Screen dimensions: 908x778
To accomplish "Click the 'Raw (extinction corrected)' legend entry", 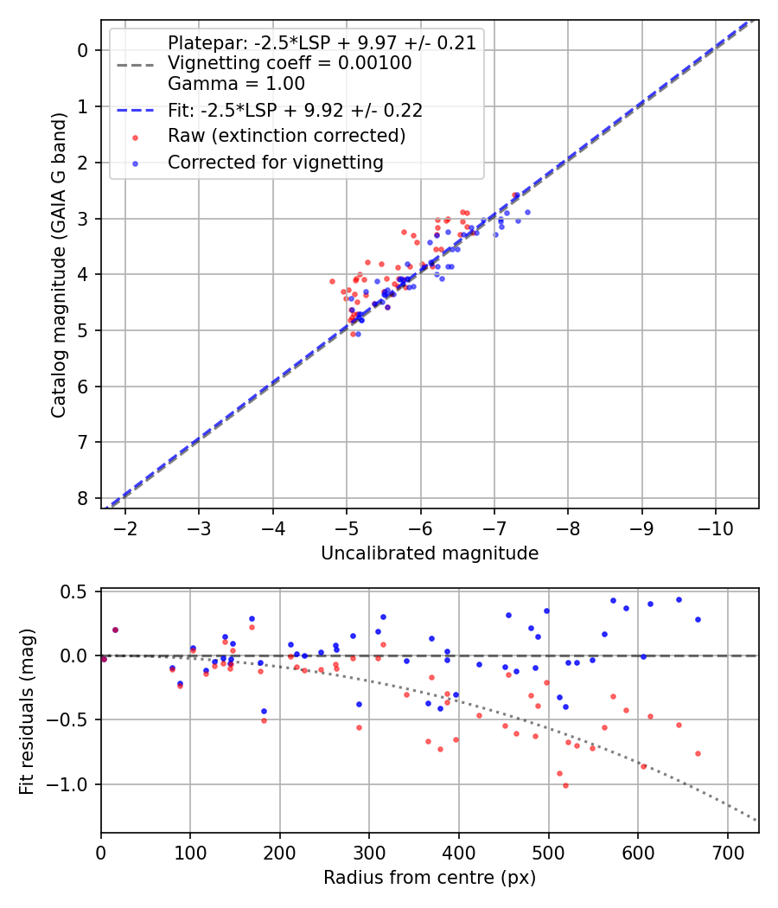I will pos(286,136).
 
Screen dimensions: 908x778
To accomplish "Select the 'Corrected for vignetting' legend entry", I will pos(275,162).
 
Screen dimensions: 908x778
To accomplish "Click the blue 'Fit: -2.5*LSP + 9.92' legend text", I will pos(295,110).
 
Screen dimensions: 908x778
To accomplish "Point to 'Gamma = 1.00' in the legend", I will pos(236,84).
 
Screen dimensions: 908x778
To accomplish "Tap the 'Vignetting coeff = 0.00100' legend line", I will pos(290,63).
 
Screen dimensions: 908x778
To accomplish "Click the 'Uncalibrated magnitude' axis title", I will pos(430,553).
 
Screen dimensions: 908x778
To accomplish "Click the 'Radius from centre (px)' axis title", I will pos(430,878).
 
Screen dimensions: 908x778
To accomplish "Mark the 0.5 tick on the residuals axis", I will pos(78,591).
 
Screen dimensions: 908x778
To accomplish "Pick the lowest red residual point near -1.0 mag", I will pos(565,785).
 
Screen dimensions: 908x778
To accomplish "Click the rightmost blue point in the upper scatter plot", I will pos(527,212).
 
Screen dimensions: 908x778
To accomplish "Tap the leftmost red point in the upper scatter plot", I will pos(332,281).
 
